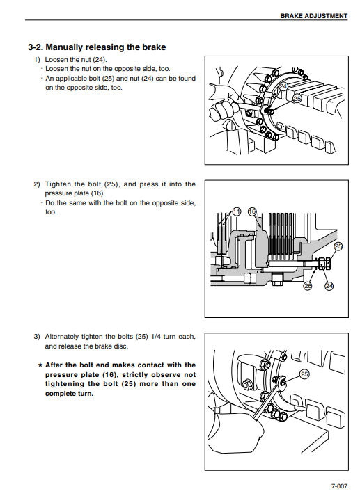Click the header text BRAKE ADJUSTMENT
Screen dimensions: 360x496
[314, 16]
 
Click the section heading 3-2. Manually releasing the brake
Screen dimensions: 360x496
[97, 47]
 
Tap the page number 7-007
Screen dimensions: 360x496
[339, 486]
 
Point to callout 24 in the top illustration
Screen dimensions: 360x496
[283, 86]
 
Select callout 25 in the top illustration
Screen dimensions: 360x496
[297, 99]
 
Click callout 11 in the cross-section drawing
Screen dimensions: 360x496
[237, 211]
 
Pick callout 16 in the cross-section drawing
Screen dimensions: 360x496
[252, 211]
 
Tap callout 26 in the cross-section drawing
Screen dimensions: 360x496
[308, 286]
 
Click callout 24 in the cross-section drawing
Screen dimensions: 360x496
[329, 286]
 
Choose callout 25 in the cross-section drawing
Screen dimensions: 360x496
[338, 246]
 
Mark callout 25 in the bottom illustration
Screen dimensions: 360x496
[304, 374]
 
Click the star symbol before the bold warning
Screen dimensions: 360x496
[40, 365]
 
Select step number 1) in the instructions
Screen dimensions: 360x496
[38, 60]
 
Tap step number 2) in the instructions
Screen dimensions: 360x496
[38, 184]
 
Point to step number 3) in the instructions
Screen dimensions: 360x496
[38, 337]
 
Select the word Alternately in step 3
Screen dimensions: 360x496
[62, 337]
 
